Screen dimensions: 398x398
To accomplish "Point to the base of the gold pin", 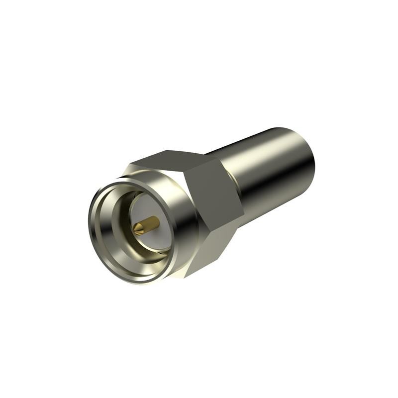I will (156, 221).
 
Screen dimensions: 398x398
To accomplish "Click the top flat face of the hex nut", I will (172, 162).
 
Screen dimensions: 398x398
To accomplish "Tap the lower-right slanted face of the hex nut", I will (209, 251).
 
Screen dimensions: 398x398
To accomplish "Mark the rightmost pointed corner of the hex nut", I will (244, 217).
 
